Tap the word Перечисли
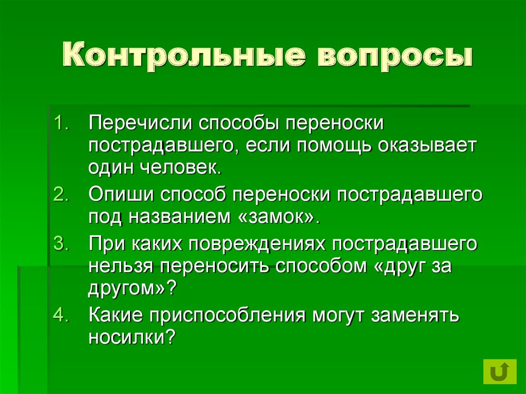[x=140, y=124]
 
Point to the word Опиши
[x=122, y=195]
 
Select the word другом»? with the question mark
[x=133, y=288]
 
